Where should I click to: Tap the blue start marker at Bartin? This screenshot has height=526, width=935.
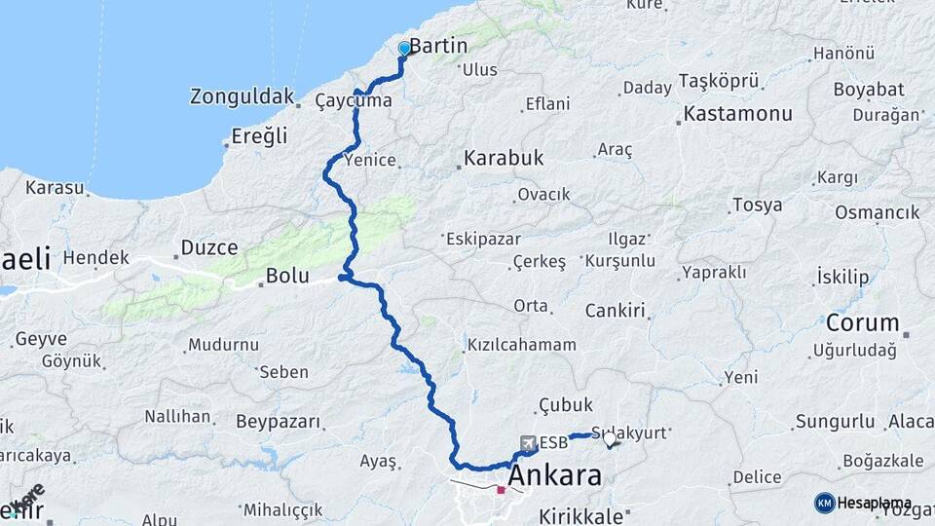[404, 48]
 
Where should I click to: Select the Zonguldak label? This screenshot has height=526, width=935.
[242, 96]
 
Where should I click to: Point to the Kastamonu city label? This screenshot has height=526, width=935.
[738, 113]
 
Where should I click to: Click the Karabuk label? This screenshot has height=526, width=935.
[503, 157]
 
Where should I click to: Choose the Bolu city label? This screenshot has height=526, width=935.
[287, 276]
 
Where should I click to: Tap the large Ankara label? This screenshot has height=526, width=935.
[554, 476]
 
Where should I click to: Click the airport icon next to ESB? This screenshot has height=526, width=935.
[529, 443]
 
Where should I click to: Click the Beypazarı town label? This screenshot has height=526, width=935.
[279, 422]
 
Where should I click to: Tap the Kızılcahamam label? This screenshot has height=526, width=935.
[521, 345]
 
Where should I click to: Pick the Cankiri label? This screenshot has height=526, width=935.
[616, 311]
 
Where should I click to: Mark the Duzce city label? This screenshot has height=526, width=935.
[209, 247]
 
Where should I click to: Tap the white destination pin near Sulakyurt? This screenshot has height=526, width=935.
[610, 440]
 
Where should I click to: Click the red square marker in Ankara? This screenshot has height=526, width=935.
[501, 490]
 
